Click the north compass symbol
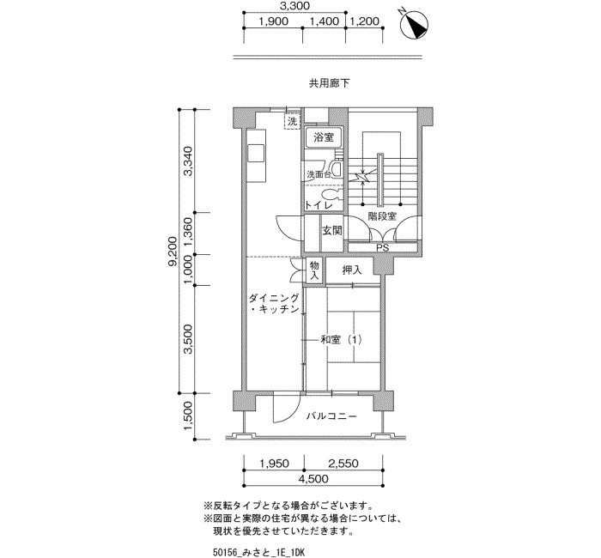[x=414, y=25]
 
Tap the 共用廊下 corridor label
[x=329, y=83]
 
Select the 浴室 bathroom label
[x=324, y=137]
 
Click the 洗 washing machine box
[x=292, y=122]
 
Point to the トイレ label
[x=319, y=205]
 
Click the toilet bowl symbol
[x=331, y=194]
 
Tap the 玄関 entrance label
[x=331, y=231]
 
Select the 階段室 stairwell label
[x=382, y=216]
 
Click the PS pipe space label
[x=383, y=247]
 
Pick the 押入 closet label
[x=352, y=270]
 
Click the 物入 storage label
[x=314, y=270]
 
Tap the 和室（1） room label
[x=341, y=340]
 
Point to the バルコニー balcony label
[x=331, y=415]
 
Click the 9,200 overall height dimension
[x=173, y=251]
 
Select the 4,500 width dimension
[x=313, y=479]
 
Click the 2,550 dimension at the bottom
[x=343, y=464]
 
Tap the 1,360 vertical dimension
[x=188, y=234]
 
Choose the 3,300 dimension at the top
[x=294, y=6]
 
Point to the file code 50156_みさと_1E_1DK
[x=258, y=552]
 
